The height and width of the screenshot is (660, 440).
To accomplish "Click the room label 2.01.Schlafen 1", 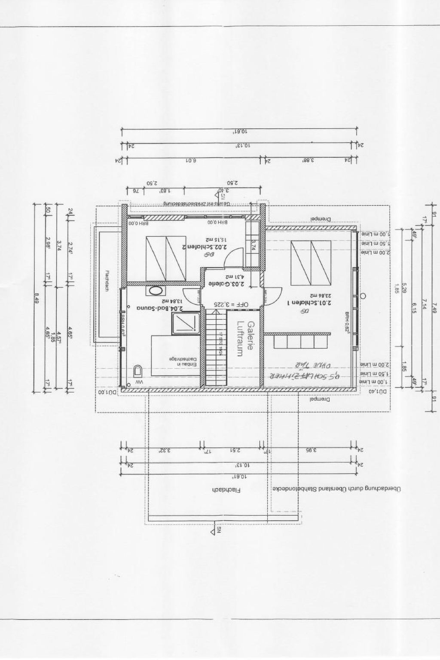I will point(304,303).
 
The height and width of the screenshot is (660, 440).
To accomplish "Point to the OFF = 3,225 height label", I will point(232,304).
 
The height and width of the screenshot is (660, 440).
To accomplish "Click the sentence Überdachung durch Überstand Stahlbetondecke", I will point(336,489).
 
